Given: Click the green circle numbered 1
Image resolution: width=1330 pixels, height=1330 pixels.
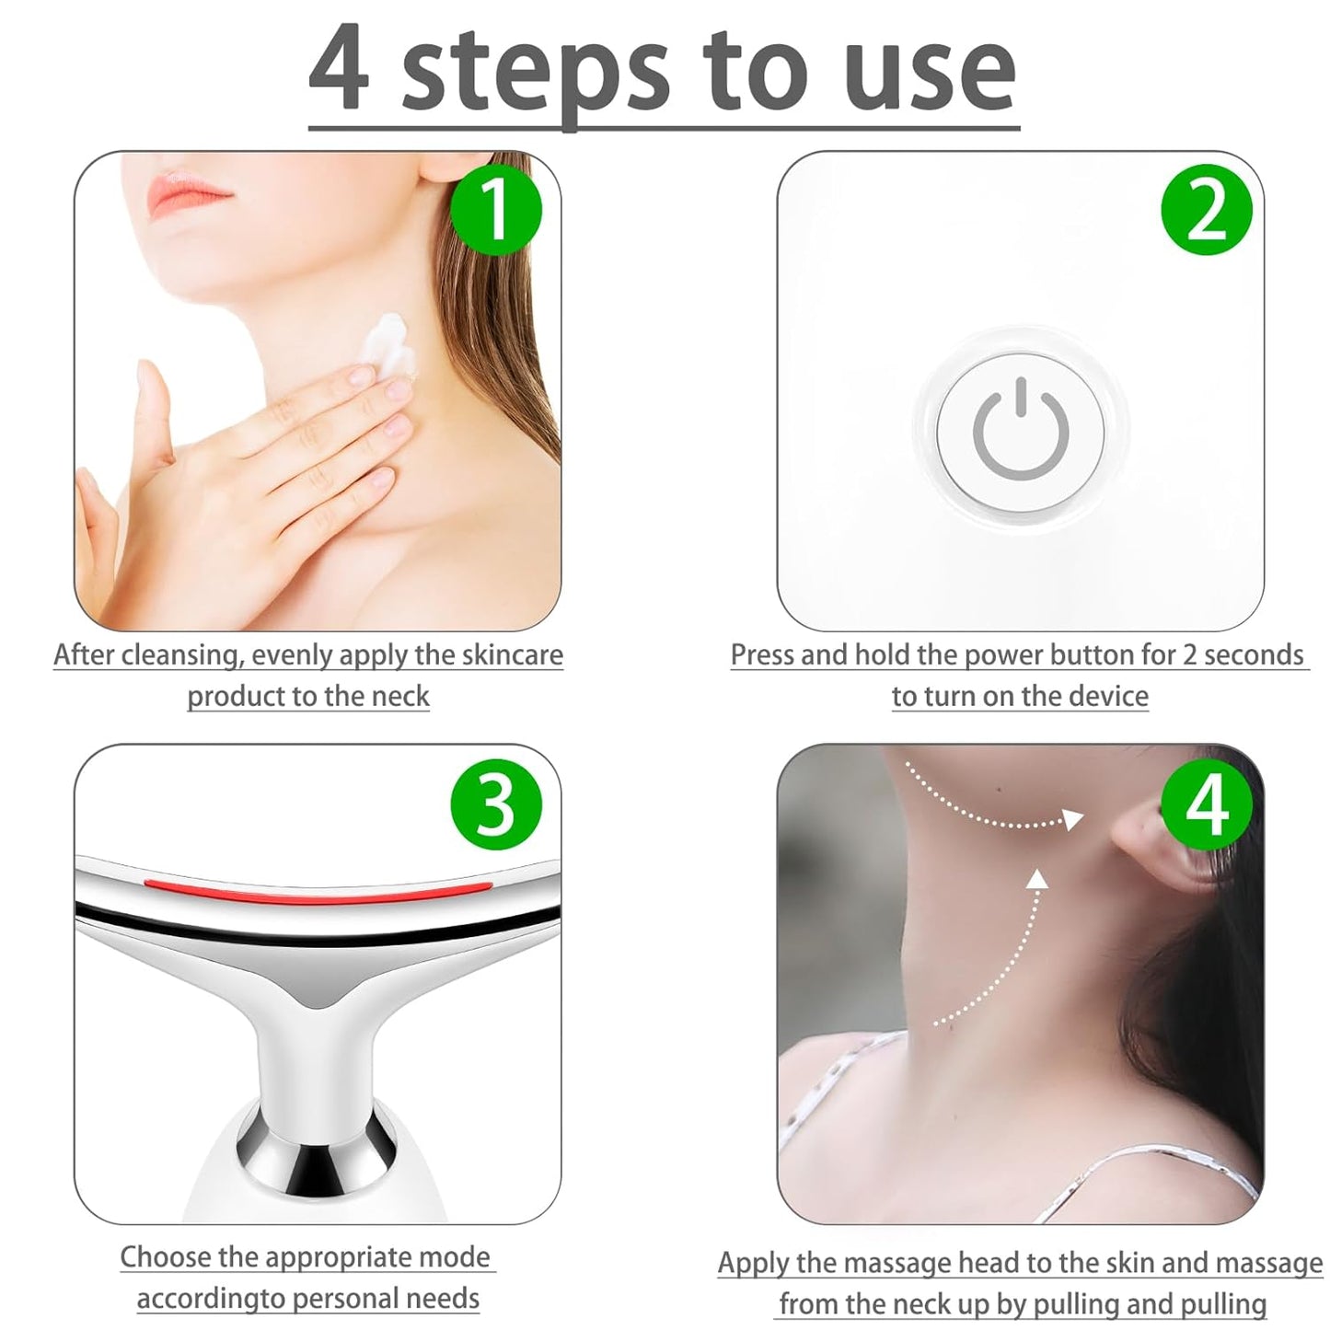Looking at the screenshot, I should pos(495,210).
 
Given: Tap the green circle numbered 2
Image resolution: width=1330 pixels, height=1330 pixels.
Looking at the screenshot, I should pos(1207,210).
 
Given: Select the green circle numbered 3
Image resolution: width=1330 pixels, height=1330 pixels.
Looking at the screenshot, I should pos(495,804).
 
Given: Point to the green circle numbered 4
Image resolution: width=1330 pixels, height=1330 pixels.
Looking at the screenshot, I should pos(1207,804).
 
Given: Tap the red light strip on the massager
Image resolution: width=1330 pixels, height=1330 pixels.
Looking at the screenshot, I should pos(318,888).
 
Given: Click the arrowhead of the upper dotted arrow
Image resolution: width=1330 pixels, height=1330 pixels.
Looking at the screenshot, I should pos(1072,818).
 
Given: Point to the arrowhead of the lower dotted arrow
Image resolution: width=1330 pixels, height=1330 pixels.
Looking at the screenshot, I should pos(1038,879).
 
